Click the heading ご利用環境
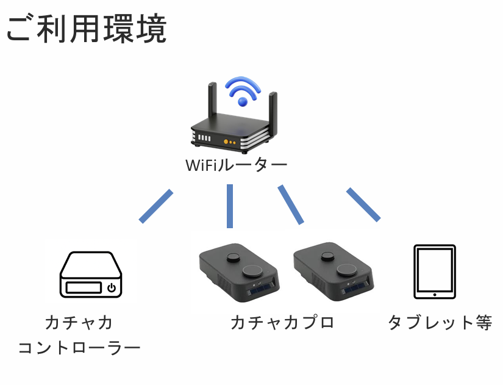pos(86,29)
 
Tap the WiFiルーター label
pos(236,165)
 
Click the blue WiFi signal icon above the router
pos(243,90)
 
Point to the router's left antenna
pos(212,104)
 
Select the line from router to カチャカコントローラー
pos(156,206)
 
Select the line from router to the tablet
pos(363,205)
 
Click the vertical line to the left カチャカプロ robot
pos(230,206)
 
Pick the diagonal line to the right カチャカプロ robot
pos(291,204)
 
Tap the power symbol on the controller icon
pos(111,287)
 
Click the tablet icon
pos(434,272)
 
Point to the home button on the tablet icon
pos(434,294)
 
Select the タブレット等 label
pos(440,322)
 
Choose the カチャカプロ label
pos(282,322)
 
